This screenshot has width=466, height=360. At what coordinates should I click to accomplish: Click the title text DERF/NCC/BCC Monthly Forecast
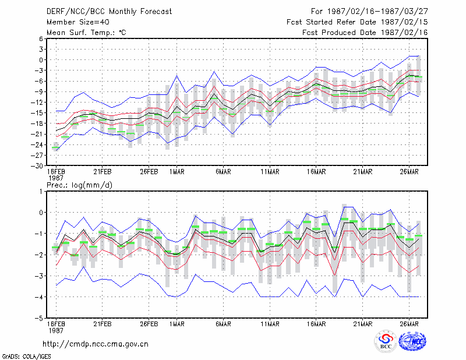pyautogui.click(x=109, y=12)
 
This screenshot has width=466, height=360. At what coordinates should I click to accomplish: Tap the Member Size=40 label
pyautogui.click(x=78, y=22)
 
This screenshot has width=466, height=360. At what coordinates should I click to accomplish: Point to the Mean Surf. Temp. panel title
pyautogui.click(x=86, y=33)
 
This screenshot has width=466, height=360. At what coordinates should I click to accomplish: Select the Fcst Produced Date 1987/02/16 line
pyautogui.click(x=365, y=33)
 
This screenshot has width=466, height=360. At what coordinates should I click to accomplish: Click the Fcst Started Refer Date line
pyautogui.click(x=357, y=22)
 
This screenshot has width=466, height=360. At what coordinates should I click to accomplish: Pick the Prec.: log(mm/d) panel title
pyautogui.click(x=79, y=185)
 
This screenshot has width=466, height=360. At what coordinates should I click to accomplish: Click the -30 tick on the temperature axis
pyautogui.click(x=38, y=166)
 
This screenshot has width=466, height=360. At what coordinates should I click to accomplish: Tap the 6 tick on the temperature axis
pyautogui.click(x=41, y=38)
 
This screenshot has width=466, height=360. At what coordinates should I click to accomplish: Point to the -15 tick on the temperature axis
pyautogui.click(x=38, y=113)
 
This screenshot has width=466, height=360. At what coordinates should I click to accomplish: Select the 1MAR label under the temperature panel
pyautogui.click(x=177, y=172)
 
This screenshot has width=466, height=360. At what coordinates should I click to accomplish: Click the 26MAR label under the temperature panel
pyautogui.click(x=409, y=172)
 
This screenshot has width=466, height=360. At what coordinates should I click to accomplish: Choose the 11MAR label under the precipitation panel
pyautogui.click(x=270, y=324)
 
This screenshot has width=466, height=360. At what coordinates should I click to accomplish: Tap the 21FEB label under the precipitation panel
pyautogui.click(x=103, y=324)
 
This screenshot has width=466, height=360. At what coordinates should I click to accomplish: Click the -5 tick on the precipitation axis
pyautogui.click(x=40, y=319)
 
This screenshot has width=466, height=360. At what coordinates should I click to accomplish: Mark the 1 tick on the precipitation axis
pyautogui.click(x=41, y=192)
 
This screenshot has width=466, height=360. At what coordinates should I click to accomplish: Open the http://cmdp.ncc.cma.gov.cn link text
pyautogui.click(x=96, y=344)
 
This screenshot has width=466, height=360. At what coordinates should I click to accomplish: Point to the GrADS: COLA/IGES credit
pyautogui.click(x=26, y=357)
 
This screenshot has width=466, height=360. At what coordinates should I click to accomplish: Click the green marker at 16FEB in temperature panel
pyautogui.click(x=55, y=147)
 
